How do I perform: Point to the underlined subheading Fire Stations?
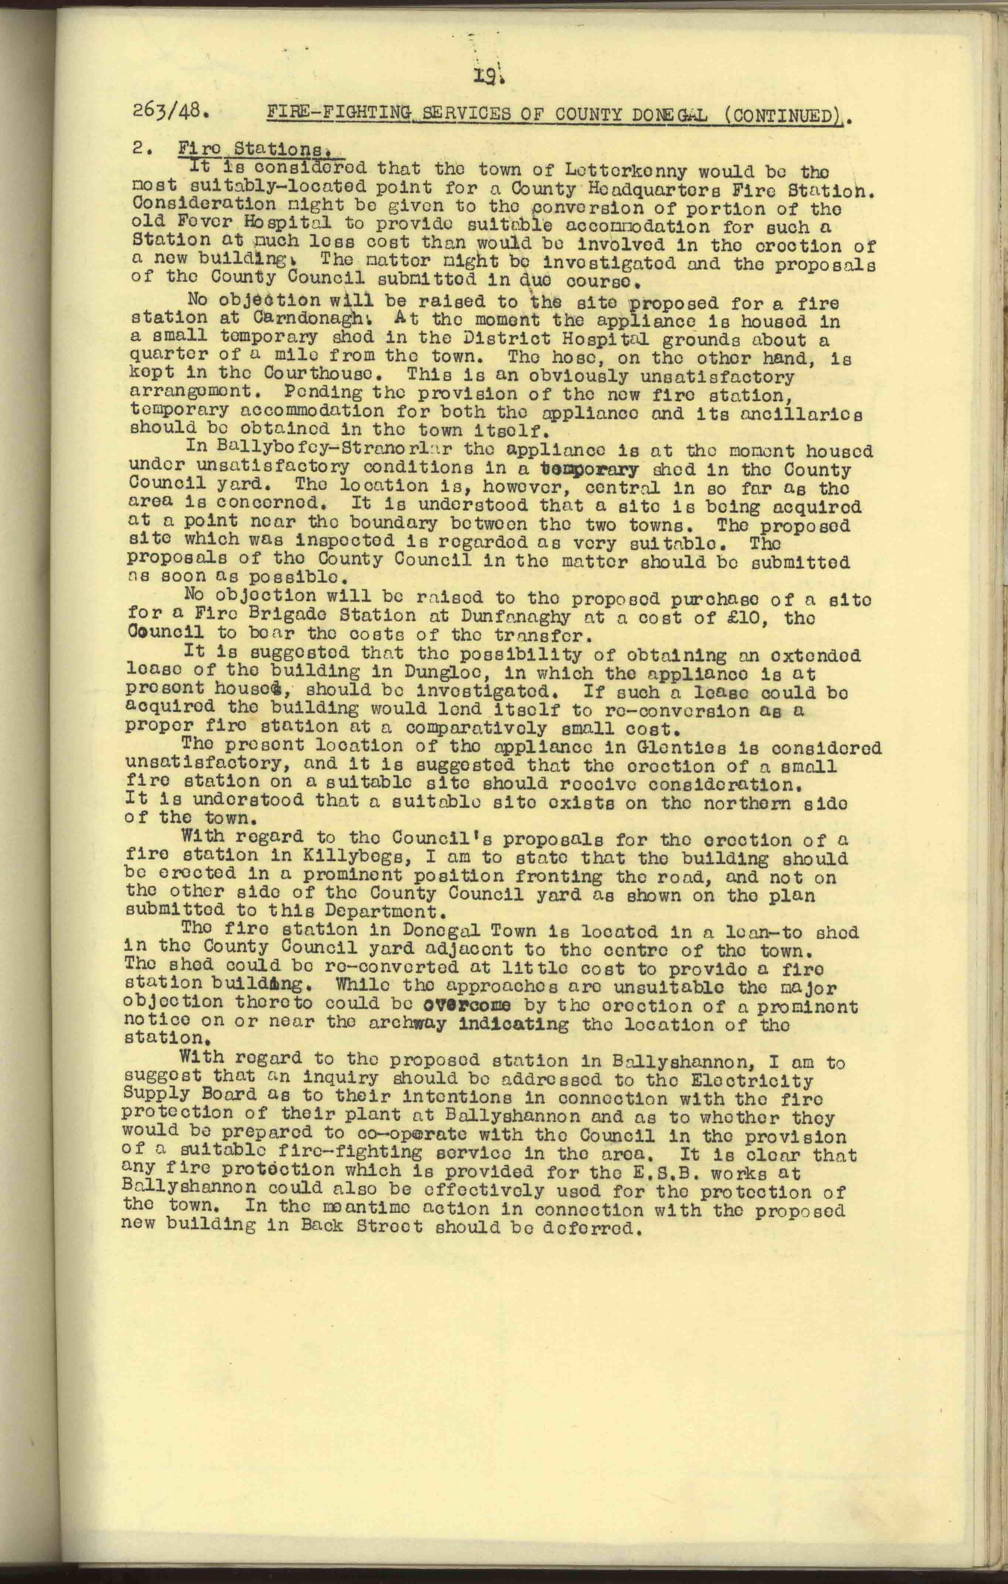[260, 151]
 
